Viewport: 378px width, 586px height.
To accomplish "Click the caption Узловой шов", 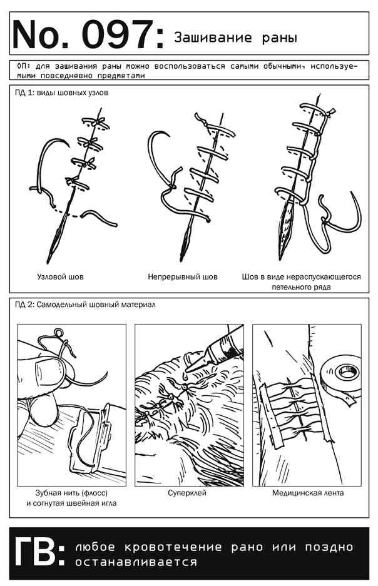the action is (x=60, y=277).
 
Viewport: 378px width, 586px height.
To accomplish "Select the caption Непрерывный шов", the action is (x=183, y=277).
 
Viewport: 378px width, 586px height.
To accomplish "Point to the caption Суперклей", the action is (x=187, y=493).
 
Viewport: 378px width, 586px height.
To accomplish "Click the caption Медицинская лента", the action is (x=308, y=493).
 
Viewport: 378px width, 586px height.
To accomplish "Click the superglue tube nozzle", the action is (x=197, y=361).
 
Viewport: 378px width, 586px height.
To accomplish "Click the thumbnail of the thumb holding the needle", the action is (x=48, y=373).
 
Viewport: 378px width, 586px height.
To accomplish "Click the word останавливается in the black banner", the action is (x=136, y=562).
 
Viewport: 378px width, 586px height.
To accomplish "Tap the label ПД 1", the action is (x=24, y=93).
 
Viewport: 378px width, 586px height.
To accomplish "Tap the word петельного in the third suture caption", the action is (x=290, y=287).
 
